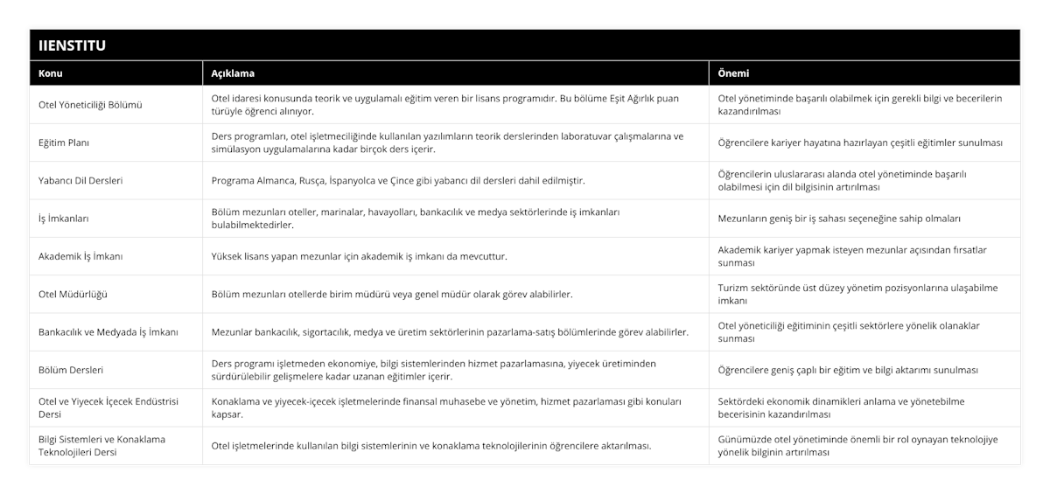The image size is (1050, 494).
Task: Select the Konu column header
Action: (51, 73)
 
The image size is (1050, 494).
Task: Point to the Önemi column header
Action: (733, 73)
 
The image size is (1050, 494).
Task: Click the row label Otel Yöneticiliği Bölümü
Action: (91, 105)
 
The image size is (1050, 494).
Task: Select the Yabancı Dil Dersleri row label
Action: (80, 180)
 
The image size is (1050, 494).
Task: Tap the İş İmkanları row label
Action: (64, 219)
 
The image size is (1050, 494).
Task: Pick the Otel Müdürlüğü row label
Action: (73, 294)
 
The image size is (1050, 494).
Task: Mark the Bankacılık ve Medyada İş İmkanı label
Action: (108, 332)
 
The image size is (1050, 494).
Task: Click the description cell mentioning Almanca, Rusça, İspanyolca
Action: (398, 180)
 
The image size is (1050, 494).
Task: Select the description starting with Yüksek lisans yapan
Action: (359, 256)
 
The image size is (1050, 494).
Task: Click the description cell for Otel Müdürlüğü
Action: (392, 294)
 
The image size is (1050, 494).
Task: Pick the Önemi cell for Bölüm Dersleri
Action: (848, 370)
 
